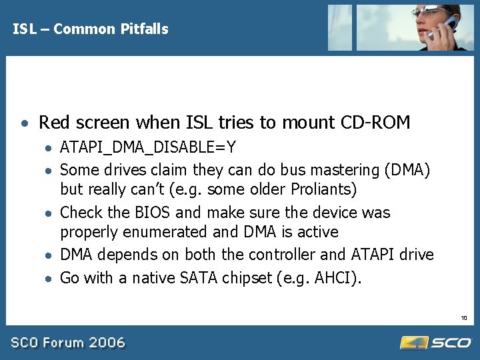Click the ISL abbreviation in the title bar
click(x=23, y=29)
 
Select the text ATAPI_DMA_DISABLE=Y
click(x=147, y=147)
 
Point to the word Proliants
click(x=324, y=189)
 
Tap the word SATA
click(x=199, y=277)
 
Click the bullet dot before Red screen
click(x=24, y=125)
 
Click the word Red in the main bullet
click(x=54, y=123)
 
